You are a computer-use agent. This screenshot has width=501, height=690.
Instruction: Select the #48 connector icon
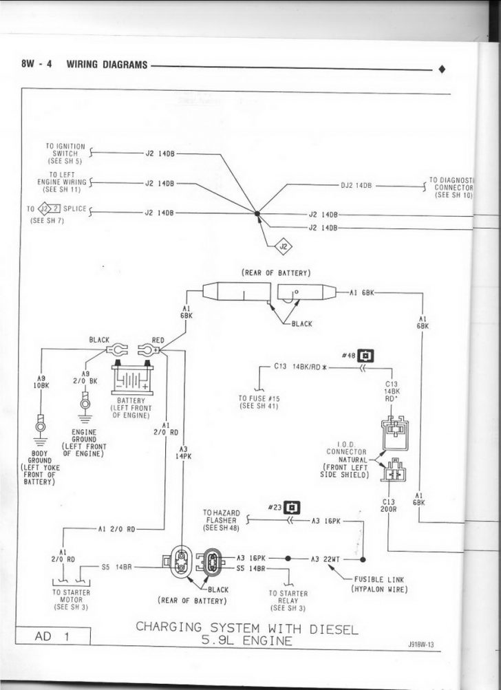pyautogui.click(x=367, y=355)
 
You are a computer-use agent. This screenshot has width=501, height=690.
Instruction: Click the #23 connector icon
pyautogui.click(x=293, y=508)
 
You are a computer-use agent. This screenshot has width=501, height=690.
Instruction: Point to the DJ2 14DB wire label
pyautogui.click(x=356, y=185)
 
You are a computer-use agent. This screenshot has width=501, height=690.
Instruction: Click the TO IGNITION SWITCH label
pyautogui.click(x=65, y=153)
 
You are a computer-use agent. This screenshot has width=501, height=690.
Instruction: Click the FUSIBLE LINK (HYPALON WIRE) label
pyautogui.click(x=379, y=584)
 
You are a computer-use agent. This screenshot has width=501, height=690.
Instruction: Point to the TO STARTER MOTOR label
pyautogui.click(x=71, y=599)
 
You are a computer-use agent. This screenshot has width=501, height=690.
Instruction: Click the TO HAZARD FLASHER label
pyautogui.click(x=221, y=521)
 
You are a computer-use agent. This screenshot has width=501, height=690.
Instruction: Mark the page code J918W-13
pyautogui.click(x=425, y=645)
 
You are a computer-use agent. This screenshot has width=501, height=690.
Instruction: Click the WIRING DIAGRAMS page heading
pyautogui.click(x=107, y=65)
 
